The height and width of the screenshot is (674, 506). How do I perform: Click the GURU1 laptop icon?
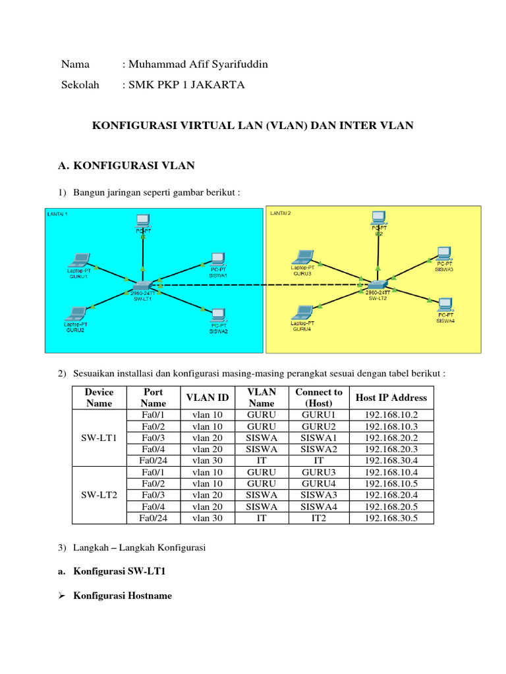(x=79, y=259)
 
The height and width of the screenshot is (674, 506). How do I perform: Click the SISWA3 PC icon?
(x=443, y=253)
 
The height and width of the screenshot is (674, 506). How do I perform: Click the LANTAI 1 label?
(x=57, y=214)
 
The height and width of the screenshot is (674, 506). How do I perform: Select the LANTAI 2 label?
(x=281, y=213)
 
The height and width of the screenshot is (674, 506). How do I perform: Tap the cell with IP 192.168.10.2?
(x=391, y=415)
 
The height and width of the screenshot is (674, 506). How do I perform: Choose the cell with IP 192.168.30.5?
(x=391, y=518)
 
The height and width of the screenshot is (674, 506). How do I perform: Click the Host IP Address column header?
(x=391, y=398)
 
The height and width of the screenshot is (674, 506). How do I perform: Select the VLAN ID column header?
(x=208, y=398)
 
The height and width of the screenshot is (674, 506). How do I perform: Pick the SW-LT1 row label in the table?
(x=99, y=438)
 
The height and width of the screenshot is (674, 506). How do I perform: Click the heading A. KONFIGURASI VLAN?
(x=126, y=166)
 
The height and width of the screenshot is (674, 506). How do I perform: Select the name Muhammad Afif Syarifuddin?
(x=198, y=64)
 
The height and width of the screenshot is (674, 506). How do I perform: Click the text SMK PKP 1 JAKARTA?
(x=186, y=85)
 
